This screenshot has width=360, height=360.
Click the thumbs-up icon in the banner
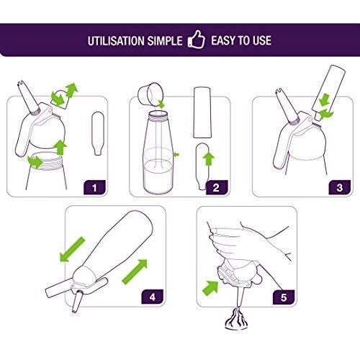197,40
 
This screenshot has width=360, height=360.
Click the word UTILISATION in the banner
117,41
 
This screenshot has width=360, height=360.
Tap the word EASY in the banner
224,40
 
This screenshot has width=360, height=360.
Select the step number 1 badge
94,187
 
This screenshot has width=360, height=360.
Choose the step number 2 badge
216,187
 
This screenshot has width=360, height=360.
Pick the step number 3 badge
340,187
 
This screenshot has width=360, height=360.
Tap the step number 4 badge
153,297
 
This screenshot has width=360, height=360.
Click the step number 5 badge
284,297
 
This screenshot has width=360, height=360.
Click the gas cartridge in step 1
98,133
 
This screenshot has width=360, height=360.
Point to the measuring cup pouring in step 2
148,94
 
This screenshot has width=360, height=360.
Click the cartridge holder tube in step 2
202,112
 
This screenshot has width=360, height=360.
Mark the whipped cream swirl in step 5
237,320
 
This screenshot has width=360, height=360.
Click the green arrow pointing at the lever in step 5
210,287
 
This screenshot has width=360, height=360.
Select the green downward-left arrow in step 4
72,249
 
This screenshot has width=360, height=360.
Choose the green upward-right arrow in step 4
135,271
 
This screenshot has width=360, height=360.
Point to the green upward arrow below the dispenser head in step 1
60,148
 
